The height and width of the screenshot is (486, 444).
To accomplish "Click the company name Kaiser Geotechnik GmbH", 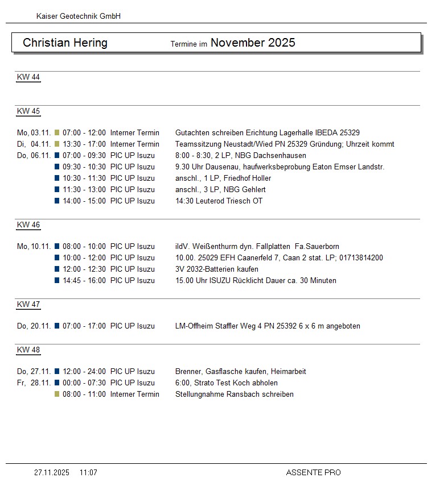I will point(78,16).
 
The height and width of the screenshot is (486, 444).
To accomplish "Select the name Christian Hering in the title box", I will point(65,43).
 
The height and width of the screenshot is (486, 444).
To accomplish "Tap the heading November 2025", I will point(253,43).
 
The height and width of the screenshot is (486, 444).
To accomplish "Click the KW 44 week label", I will point(28,77).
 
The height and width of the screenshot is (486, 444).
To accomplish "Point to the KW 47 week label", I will point(28,305).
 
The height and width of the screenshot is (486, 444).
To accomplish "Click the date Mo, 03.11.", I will point(34,133).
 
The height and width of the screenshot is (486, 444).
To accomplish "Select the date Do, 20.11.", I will point(34,326).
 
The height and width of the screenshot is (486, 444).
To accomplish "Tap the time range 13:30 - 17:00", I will point(84,144).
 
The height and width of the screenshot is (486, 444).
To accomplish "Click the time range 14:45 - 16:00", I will point(84,281).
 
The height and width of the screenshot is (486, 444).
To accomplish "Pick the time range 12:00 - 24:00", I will point(84,372).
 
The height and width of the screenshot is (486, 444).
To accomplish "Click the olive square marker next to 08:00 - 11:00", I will point(57,394).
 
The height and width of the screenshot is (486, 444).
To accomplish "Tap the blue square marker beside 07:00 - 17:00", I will point(57,326).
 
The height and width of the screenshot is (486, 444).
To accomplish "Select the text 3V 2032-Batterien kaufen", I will point(217,269).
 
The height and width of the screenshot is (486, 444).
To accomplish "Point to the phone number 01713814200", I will point(362,258).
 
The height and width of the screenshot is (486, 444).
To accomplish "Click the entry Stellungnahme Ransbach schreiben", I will point(235,394).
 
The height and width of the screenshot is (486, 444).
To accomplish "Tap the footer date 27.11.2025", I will point(52,472).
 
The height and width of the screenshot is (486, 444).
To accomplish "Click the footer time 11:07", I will point(88,472).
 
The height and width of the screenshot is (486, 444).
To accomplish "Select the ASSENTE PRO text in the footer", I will point(313,472).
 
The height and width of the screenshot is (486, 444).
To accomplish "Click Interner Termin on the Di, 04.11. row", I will point(135,144).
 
